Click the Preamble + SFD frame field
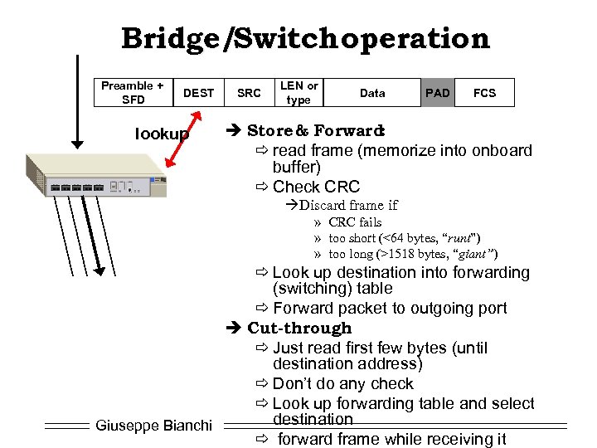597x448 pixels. click(x=132, y=92)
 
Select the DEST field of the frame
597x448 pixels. click(x=198, y=93)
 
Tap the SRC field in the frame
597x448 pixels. click(x=249, y=93)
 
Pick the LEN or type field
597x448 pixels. click(x=298, y=92)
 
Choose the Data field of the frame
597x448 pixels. click(x=372, y=93)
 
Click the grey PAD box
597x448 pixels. click(x=437, y=93)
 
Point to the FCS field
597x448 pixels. click(x=484, y=93)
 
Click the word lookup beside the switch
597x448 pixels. click(x=162, y=134)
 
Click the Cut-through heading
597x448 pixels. click(x=299, y=328)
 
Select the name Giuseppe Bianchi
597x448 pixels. click(x=154, y=426)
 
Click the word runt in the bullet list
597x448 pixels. click(x=445, y=238)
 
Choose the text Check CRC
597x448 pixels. click(x=316, y=187)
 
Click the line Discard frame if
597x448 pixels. click(x=348, y=205)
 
